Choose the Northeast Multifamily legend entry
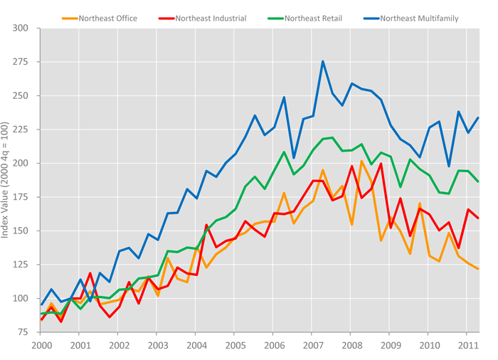[418, 18]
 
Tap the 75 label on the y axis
[22, 332]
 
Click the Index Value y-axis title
[6, 181]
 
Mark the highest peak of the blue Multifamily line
[322, 61]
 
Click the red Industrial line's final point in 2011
[478, 218]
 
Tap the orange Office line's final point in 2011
[478, 269]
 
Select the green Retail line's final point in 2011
[478, 181]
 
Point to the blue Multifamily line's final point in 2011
[478, 118]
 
